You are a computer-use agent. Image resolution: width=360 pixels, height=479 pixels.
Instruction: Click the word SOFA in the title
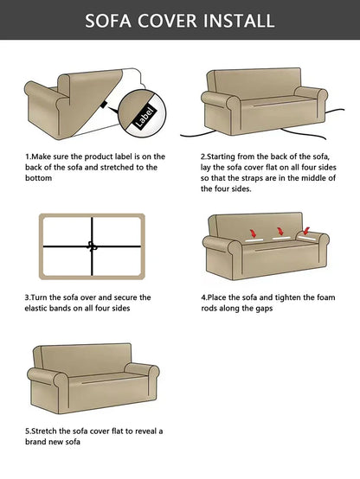coord(108,21)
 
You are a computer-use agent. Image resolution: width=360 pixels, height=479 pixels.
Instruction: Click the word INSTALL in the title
coord(239,21)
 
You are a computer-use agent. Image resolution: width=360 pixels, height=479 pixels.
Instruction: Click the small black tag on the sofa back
coord(103,105)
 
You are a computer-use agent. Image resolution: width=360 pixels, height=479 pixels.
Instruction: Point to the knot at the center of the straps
coord(92,246)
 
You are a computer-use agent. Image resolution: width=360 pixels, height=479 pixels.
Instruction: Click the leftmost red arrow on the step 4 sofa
coord(253,233)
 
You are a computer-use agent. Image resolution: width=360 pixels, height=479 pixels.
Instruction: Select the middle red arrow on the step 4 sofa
coord(280,232)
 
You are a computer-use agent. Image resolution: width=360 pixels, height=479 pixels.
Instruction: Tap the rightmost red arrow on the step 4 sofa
coord(305,231)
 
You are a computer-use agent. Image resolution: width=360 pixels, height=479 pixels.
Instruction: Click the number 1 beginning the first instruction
coord(27,156)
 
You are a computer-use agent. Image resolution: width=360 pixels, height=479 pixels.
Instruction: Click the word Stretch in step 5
coord(44,431)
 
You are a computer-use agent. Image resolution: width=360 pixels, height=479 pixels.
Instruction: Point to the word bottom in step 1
coord(39,178)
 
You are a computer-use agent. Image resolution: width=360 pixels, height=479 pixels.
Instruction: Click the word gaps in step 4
coord(264,309)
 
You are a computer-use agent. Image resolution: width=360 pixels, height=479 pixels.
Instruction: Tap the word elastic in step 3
coord(35,308)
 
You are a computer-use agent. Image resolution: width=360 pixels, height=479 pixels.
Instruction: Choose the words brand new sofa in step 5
coord(53,442)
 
